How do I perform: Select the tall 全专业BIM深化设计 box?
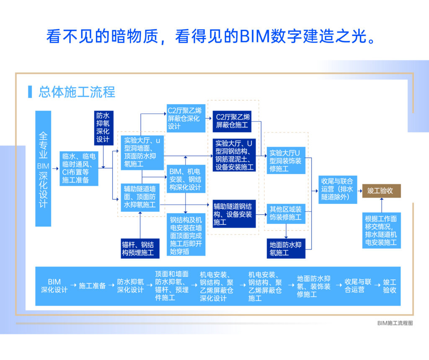(x=43, y=168)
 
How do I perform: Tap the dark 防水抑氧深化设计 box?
(x=103, y=127)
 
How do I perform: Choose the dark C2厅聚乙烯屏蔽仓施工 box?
(x=233, y=121)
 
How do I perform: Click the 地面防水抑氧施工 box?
(x=286, y=249)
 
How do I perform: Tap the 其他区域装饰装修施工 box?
(x=286, y=213)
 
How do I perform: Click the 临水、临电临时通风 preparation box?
(x=79, y=169)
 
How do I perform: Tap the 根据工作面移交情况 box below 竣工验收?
(x=381, y=231)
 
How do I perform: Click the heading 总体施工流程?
(x=77, y=92)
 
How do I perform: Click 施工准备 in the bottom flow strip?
(x=92, y=286)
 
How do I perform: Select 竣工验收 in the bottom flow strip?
(x=389, y=286)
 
